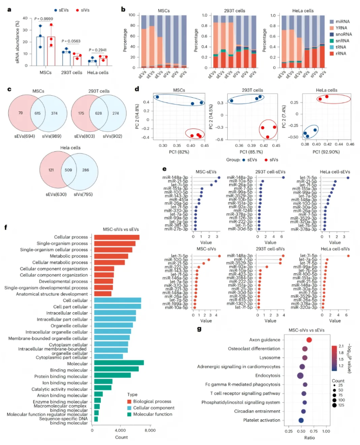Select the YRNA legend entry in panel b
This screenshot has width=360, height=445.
pyautogui.click(x=340, y=28)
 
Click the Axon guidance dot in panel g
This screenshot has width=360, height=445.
pyautogui.click(x=309, y=340)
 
